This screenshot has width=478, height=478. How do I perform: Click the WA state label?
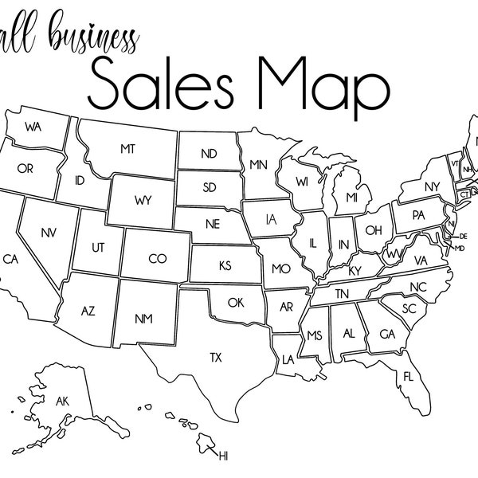point(33,127)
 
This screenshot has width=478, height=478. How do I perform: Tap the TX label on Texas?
point(216,358)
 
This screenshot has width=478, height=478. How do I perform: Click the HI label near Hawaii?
point(223,456)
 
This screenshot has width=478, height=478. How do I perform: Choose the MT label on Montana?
point(127,149)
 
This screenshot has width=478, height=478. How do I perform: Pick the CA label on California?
point(10,259)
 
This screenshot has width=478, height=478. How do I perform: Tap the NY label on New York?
point(432,187)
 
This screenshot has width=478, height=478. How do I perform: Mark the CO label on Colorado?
point(156,259)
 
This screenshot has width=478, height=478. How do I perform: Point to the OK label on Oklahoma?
point(235,303)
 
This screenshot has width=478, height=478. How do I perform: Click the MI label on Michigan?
point(351,196)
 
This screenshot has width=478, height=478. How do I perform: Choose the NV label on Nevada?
point(47,233)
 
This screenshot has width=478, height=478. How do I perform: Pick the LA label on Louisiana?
point(288,358)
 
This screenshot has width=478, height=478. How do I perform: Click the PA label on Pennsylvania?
point(417,215)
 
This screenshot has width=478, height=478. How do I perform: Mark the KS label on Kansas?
point(225,264)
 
